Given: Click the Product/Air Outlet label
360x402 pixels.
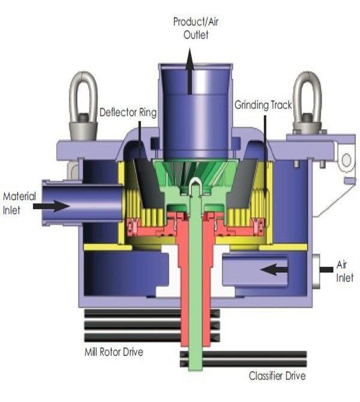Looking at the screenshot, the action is (196, 28).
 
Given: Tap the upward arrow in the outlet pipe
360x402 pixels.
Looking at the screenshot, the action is (190, 71).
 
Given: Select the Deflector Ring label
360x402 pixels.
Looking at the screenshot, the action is (128, 112).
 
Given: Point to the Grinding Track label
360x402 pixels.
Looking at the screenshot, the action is (263, 105).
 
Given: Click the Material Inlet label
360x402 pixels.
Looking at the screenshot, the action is (19, 203).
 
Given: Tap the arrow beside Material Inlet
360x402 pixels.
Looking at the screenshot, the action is (51, 206).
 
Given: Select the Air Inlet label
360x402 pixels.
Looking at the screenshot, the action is (345, 271).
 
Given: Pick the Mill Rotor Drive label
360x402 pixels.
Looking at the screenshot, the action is (114, 352).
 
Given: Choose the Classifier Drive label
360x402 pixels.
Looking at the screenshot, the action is (277, 376).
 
